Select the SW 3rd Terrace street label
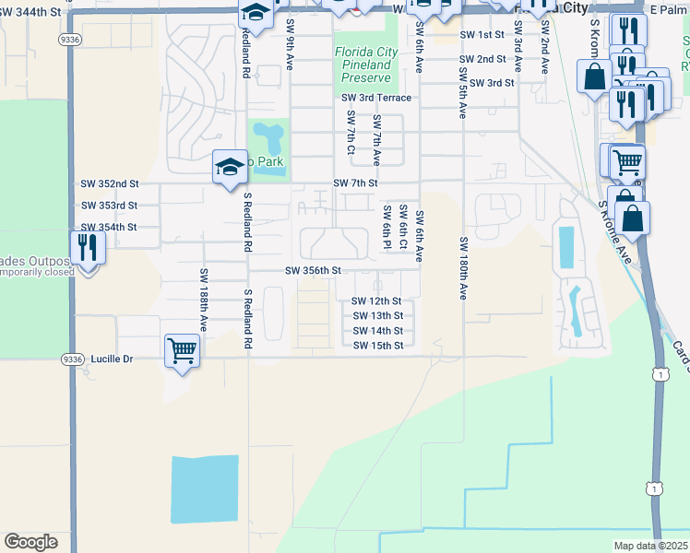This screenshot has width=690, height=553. pyautogui.click(x=375, y=97)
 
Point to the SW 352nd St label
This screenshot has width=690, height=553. pyautogui.click(x=110, y=184)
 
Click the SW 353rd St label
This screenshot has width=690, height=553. pyautogui.click(x=110, y=206)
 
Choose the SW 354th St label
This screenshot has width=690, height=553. pyautogui.click(x=110, y=227)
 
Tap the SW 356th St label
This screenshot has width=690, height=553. pyautogui.click(x=314, y=271)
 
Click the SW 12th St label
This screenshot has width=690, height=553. pyautogui.click(x=376, y=301)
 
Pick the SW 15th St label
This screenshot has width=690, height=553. pyautogui.click(x=378, y=346)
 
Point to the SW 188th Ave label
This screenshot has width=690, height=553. pyautogui.click(x=201, y=300)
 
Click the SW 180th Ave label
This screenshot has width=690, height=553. pyautogui.click(x=462, y=267)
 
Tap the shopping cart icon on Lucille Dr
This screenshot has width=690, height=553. pyautogui.click(x=182, y=349)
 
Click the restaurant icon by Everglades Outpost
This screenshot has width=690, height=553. pyautogui.click(x=88, y=247)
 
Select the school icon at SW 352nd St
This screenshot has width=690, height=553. pyautogui.click(x=230, y=167)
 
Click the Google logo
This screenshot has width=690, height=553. pyautogui.click(x=30, y=542)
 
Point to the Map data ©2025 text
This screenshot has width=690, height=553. pyautogui.click(x=651, y=546)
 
